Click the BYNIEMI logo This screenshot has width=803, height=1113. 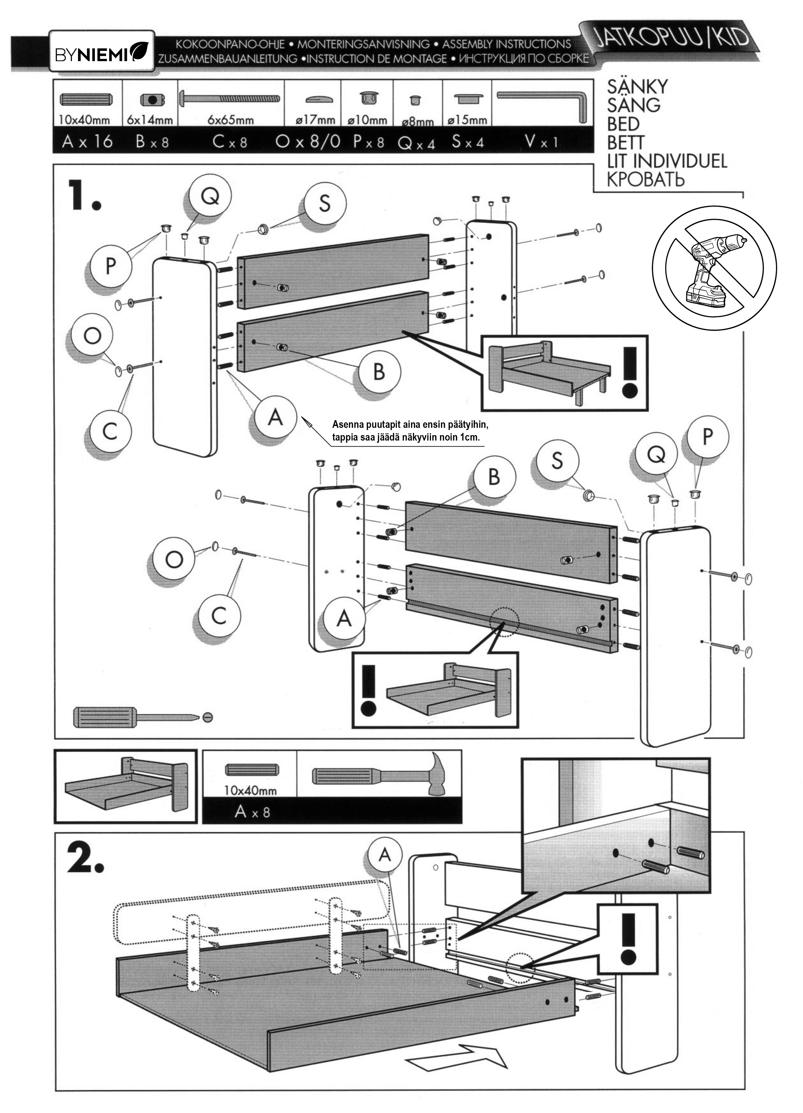[102, 52]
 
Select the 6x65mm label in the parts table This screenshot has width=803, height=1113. [231, 120]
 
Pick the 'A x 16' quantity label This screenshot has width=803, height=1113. [87, 142]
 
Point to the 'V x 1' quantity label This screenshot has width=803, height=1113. [542, 142]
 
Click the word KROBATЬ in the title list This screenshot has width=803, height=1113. [645, 180]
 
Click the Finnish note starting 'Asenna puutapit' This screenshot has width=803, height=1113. [410, 430]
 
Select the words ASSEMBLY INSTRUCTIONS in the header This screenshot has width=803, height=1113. [506, 45]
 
